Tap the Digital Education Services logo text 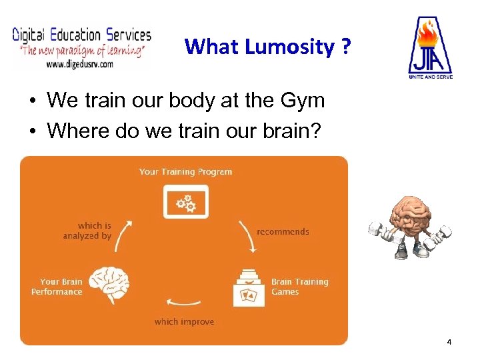82,35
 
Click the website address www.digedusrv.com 80,65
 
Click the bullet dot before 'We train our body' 32,102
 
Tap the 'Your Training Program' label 185,171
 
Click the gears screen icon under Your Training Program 185,201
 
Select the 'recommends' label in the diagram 283,232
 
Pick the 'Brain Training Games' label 299,287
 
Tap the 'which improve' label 184,322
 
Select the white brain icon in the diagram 109,285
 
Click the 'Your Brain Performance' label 57,287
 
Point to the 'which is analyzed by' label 87,231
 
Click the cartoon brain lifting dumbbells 410,227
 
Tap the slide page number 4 449,342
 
